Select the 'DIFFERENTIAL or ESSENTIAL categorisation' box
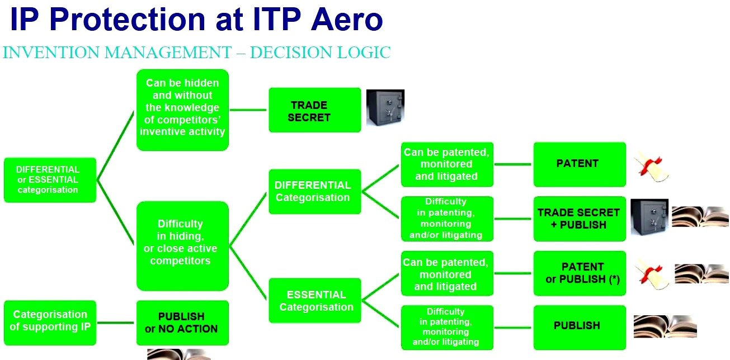(49, 179)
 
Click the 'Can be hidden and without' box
(182, 110)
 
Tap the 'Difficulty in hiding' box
(182, 245)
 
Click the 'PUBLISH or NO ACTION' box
(182, 323)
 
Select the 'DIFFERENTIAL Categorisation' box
(314, 191)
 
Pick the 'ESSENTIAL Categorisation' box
(314, 300)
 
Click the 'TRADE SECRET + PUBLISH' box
(579, 219)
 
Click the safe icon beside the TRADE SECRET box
(385, 107)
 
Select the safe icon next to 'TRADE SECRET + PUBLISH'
(649, 217)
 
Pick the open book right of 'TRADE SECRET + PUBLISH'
(699, 217)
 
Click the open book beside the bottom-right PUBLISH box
(665, 326)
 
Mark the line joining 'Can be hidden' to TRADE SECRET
(248, 110)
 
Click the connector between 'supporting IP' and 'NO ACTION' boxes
(116, 323)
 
